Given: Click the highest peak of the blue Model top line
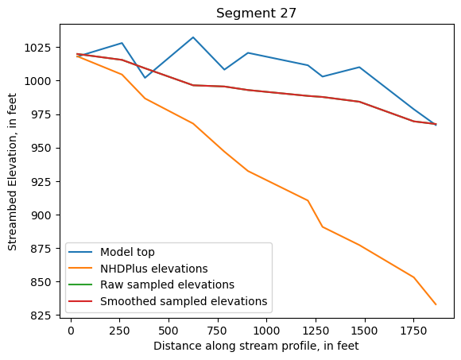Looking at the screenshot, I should click(193, 37).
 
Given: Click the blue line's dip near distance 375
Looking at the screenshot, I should click(145, 77).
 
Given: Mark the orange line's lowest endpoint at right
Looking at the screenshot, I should click(436, 304).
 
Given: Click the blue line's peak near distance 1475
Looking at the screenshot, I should click(359, 68).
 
